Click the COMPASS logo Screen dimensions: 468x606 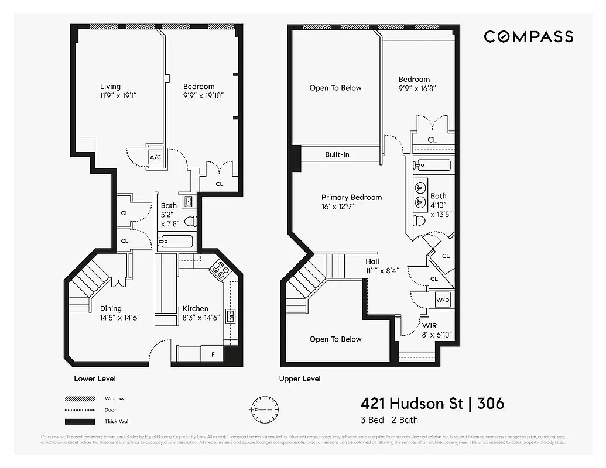pos(528,37)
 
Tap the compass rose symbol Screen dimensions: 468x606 pos(265,409)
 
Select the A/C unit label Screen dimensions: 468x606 pos(155,157)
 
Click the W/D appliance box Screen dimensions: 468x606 pos(443,300)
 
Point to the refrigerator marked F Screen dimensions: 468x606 pos(211,354)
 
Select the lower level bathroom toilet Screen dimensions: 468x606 pos(190,221)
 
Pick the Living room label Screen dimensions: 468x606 pos(110,86)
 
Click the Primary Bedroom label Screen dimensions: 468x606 pos(351,197)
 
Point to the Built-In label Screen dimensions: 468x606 pos(337,154)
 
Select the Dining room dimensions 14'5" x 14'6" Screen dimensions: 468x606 pos(119,318)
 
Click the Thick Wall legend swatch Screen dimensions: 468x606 pos(80,422)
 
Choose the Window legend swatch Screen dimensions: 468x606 pos(80,399)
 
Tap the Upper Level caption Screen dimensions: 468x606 pos(300,378)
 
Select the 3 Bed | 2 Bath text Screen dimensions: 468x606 pos(389,420)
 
